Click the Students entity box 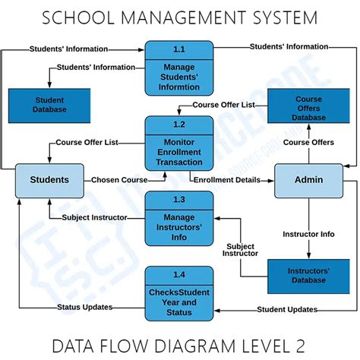pos(49,181)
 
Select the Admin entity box pos(309,181)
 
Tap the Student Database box pos(49,106)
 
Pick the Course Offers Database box pos(308,106)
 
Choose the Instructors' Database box pos(308,276)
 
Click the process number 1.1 pos(179,49)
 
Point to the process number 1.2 pos(179,125)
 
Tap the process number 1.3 pos(179,200)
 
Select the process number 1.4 pos(179,275)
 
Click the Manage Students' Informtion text pos(179,77)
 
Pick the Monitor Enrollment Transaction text pos(179,152)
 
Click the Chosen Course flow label pos(119,180)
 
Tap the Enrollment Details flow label pos(227,180)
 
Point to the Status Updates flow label pos(84,307)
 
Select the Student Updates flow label pos(287,309)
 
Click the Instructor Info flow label pos(308,234)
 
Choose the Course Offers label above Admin pos(308,142)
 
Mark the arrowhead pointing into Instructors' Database pos(308,255)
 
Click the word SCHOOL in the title pos(78,17)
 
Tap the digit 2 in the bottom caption pos(300,346)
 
